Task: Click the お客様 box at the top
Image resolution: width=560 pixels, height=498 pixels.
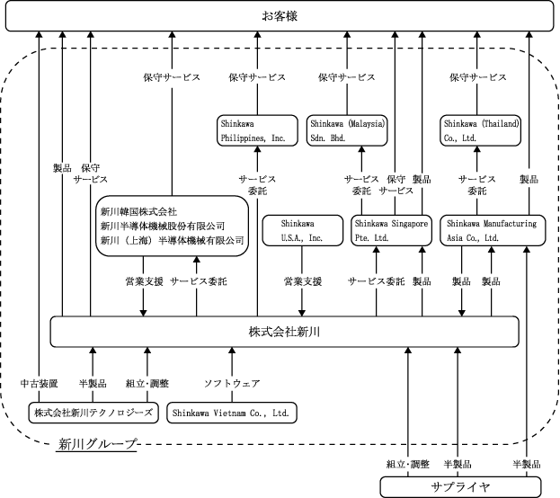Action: pos(280,16)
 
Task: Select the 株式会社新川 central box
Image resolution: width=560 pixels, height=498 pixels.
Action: pos(284,332)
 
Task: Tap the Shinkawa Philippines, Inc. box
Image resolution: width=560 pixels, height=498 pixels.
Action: pos(257,130)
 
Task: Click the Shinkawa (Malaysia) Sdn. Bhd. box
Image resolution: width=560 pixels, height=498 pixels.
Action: pos(347,130)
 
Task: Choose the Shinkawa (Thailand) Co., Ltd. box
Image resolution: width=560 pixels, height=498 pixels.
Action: pos(480,130)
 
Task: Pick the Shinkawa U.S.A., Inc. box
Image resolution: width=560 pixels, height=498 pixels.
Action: pos(303,230)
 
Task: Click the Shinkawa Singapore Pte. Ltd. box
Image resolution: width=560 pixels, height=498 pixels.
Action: pos(391,230)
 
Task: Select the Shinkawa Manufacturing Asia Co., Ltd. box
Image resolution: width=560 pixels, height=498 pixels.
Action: pos(493,230)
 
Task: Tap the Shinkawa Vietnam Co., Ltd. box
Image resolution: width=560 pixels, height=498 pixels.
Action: pos(232,413)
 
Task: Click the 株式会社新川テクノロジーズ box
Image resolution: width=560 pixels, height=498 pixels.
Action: pos(93,413)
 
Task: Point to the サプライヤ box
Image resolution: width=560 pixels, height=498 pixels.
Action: pos(460,487)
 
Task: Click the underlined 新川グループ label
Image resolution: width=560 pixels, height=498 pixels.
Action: pos(97,444)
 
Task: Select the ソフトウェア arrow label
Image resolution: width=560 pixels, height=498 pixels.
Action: pos(232,384)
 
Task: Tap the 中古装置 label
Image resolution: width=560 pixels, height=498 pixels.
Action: pos(39,384)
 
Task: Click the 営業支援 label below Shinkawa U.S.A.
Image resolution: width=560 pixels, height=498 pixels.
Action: pos(303,281)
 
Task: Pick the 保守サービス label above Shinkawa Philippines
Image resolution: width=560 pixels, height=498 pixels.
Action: pos(257,77)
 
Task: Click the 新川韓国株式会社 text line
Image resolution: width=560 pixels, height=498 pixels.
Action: pos(138,212)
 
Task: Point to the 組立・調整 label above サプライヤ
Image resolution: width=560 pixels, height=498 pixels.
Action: pos(407,464)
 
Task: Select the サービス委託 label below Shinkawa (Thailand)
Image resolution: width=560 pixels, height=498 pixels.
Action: pos(477,184)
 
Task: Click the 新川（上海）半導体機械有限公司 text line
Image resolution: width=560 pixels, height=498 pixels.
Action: pos(173,240)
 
